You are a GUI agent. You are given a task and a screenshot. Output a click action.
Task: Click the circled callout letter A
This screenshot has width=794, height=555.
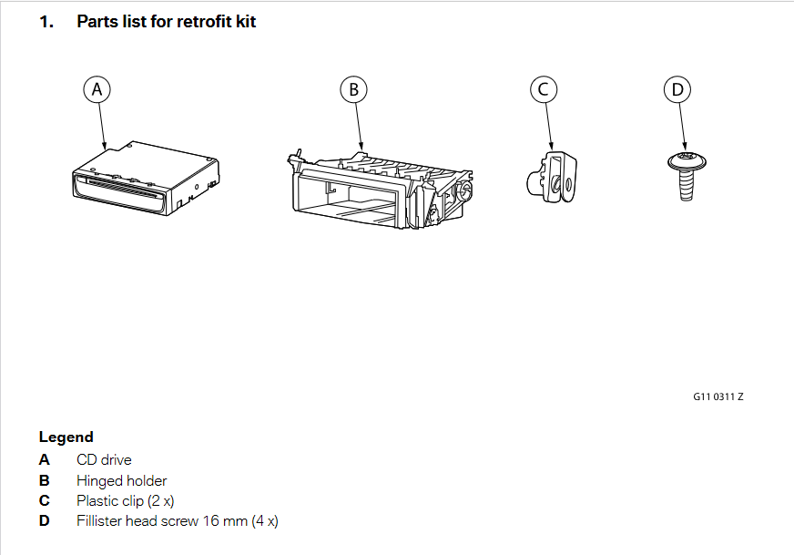pyautogui.click(x=97, y=89)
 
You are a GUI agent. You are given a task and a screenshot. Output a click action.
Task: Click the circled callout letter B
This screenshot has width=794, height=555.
pyautogui.click(x=353, y=89)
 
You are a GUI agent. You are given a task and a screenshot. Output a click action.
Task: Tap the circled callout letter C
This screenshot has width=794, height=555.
pyautogui.click(x=543, y=89)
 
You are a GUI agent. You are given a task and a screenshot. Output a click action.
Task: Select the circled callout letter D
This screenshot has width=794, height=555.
pyautogui.click(x=677, y=89)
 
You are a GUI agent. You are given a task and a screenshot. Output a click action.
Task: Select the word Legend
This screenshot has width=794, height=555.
pyautogui.click(x=66, y=437)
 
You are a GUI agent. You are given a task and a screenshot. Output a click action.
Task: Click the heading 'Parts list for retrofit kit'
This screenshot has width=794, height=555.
pyautogui.click(x=166, y=21)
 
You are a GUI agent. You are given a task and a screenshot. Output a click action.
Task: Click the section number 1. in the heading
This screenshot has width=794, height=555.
pyautogui.click(x=46, y=21)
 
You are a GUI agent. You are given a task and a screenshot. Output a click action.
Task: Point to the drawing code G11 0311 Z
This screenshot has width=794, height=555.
pyautogui.click(x=718, y=396)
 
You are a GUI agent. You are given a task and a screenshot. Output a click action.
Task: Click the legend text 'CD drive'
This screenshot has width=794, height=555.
pyautogui.click(x=104, y=460)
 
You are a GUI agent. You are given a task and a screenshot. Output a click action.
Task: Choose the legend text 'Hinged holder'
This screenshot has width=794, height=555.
pyautogui.click(x=121, y=480)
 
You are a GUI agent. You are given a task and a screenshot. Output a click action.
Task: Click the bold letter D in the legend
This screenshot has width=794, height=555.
pyautogui.click(x=45, y=520)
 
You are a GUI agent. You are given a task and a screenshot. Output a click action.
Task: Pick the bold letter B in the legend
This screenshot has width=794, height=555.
pyautogui.click(x=44, y=480)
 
